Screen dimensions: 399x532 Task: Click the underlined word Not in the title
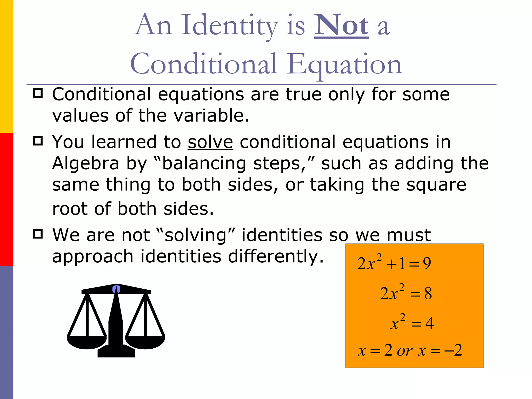pyautogui.click(x=341, y=25)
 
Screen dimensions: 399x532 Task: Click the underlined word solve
pyautogui.click(x=210, y=142)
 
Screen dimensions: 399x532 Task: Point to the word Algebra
pyautogui.click(x=85, y=164)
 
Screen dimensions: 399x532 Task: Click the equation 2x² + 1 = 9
pyautogui.click(x=394, y=263)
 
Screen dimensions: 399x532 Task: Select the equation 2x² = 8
pyautogui.click(x=406, y=293)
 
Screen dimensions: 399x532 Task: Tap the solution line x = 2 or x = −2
pyautogui.click(x=410, y=350)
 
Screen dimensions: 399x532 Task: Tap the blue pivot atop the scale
pyautogui.click(x=116, y=289)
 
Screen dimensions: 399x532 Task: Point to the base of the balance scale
pyautogui.click(x=116, y=352)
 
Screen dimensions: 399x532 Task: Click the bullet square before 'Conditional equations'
pyautogui.click(x=38, y=93)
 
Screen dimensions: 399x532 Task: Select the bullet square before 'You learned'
pyautogui.click(x=38, y=141)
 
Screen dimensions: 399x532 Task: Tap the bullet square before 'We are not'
pyautogui.click(x=38, y=234)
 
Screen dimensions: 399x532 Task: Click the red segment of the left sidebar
pyautogui.click(x=6, y=199)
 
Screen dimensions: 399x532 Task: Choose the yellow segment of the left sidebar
pyautogui.click(x=6, y=66)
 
